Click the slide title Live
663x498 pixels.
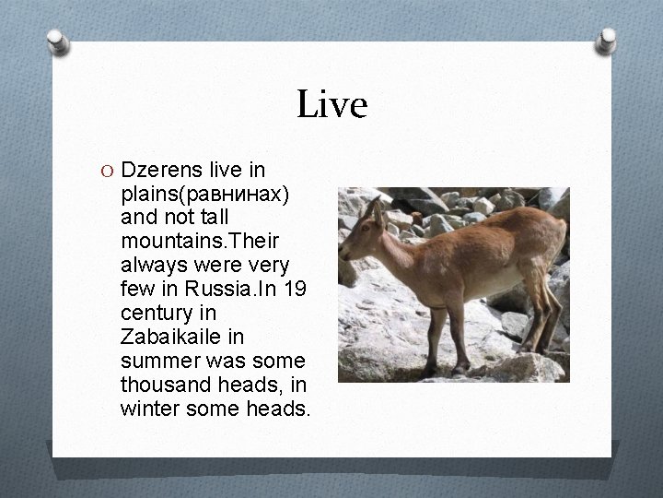point(331,105)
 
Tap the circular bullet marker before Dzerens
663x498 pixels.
point(109,171)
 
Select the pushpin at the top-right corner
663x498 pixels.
point(607,41)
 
